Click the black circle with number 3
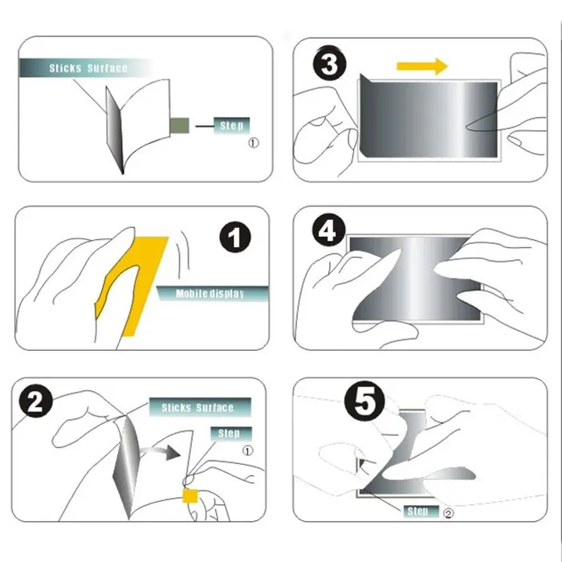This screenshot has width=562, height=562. [x=330, y=63]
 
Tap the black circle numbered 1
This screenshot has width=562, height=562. [x=235, y=237]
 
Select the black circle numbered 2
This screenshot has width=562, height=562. [x=35, y=401]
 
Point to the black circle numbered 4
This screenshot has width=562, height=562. [x=328, y=230]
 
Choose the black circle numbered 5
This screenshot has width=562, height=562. [x=364, y=401]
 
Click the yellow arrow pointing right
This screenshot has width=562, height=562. [x=422, y=67]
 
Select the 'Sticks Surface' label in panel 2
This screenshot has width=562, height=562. [x=200, y=407]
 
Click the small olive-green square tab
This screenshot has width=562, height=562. [x=180, y=125]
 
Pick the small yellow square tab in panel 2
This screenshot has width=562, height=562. [x=190, y=496]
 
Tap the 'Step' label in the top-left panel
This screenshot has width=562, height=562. [x=231, y=126]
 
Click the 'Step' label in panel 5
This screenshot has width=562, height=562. [x=421, y=511]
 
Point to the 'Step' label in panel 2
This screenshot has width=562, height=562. [x=231, y=434]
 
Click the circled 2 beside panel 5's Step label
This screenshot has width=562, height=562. [x=448, y=513]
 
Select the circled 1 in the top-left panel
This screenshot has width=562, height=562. [x=254, y=143]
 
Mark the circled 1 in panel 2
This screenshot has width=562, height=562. [x=247, y=450]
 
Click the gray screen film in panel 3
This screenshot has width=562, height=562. [x=428, y=120]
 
